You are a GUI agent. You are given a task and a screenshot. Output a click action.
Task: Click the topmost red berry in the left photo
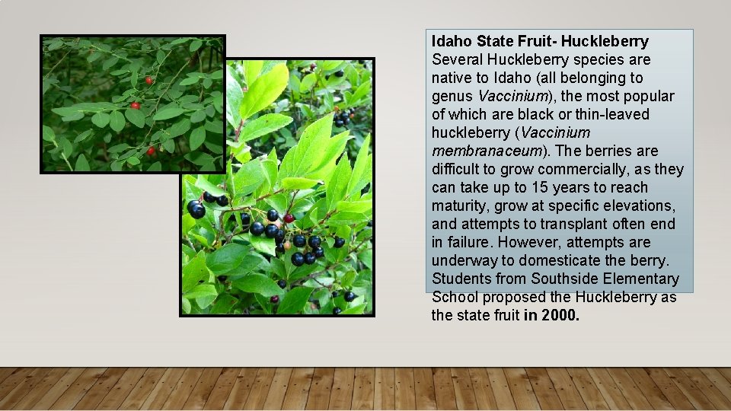click(149, 80)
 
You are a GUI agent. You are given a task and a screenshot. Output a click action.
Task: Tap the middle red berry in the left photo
click(136, 105)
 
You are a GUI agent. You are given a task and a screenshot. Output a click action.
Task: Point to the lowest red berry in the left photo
click(151, 151)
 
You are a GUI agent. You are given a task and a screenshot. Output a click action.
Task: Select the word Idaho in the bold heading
click(450, 41)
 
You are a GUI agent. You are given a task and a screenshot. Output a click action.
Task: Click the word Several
click(456, 59)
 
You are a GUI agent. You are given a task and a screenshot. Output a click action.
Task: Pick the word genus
click(452, 96)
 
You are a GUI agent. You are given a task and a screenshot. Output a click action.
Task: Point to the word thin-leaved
click(606, 114)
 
